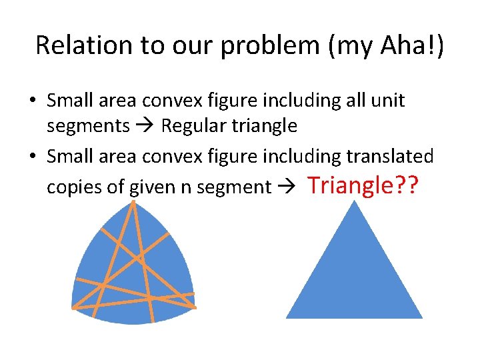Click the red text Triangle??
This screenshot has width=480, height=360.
tap(363, 185)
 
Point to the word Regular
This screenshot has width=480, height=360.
tap(192, 125)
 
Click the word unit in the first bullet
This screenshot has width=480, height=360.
tap(389, 101)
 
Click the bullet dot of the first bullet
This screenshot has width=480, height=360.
tap(32, 101)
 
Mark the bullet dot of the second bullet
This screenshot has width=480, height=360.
tap(32, 157)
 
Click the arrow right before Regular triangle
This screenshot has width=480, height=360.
tap(146, 125)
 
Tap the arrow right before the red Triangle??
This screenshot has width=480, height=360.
tap(289, 187)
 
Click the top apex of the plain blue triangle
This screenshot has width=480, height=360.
tap(354, 201)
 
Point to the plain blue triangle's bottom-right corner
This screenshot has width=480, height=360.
tap(422, 318)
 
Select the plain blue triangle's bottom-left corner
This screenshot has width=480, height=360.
tap(286, 318)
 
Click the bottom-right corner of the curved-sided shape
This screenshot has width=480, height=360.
tap(195, 307)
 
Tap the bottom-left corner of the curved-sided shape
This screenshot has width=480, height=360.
tap(72, 308)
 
